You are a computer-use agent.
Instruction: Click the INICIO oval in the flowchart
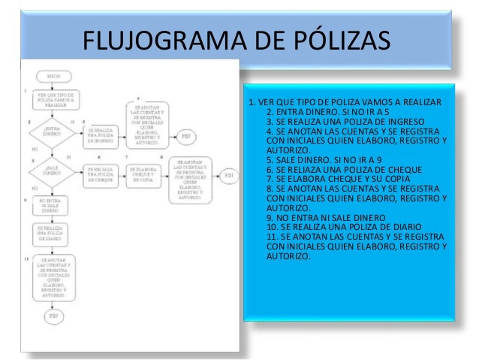53,77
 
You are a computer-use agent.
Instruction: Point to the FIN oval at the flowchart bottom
53,316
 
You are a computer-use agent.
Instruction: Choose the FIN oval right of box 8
228,174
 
